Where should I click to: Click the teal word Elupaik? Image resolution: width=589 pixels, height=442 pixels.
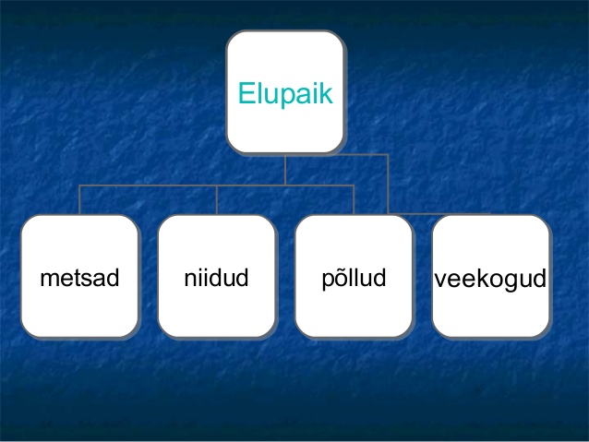click(285, 94)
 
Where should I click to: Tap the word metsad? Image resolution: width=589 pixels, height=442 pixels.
click(79, 278)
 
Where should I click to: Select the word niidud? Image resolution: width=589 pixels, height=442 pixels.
click(216, 278)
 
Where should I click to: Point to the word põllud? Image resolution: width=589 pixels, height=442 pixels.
click(354, 279)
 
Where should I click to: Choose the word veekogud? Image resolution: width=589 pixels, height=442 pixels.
click(490, 280)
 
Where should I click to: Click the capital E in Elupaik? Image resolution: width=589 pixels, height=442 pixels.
click(247, 93)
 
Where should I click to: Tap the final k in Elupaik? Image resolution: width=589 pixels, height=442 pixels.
click(326, 93)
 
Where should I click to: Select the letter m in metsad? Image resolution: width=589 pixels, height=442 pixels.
click(49, 280)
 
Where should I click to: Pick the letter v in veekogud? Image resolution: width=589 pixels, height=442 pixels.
click(441, 281)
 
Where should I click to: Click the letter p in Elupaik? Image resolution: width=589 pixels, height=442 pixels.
click(287, 97)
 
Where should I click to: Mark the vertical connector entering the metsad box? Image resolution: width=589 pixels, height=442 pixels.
click(79, 200)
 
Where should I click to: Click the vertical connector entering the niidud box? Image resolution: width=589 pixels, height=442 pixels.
click(217, 200)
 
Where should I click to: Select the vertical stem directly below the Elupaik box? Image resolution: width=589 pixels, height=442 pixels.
click(285, 170)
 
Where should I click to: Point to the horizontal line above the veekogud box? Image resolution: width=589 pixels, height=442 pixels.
click(439, 214)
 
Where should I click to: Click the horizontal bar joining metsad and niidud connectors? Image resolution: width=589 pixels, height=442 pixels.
click(148, 185)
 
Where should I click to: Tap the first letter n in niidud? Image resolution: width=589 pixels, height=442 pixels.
click(191, 280)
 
